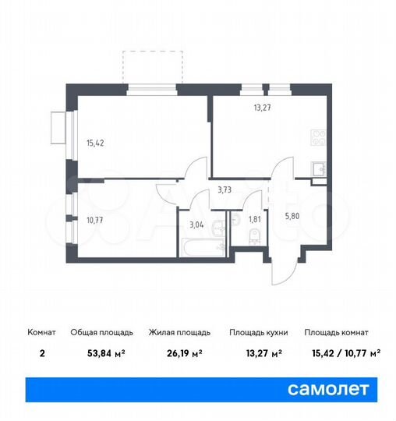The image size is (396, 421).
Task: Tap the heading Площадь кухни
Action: (x=258, y=332)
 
